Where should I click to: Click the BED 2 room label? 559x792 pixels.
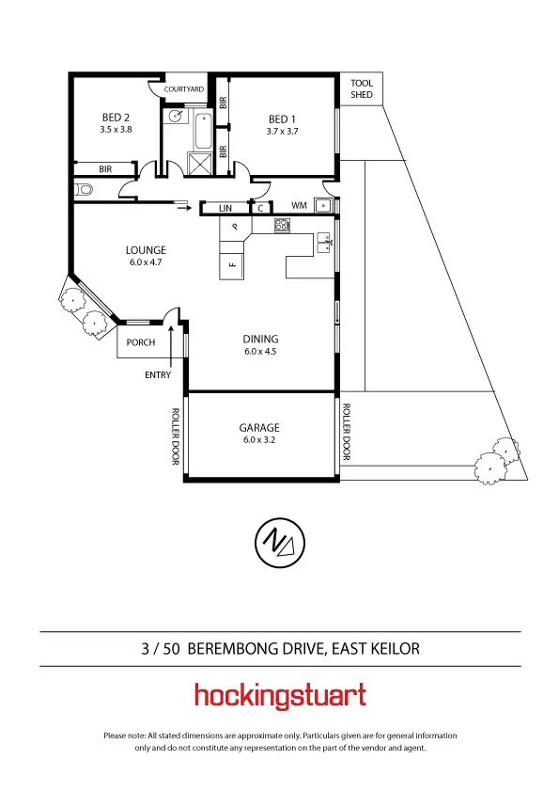pos(116,119)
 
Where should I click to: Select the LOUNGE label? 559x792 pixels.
pos(146,250)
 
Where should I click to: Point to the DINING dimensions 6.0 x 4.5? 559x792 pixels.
pos(260,352)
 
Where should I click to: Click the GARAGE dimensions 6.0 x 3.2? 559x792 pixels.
pos(259,440)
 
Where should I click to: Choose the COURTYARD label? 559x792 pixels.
pos(183,89)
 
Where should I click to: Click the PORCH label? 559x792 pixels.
pos(141,342)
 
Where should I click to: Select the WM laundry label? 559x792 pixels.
pos(299,205)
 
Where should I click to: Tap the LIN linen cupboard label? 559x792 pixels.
pos(225,208)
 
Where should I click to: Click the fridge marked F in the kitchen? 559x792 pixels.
pos(231,264)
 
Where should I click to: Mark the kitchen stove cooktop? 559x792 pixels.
pos(281,226)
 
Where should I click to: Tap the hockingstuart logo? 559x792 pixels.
pos(279,696)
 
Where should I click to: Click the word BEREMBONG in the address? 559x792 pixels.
pos(240,648)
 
